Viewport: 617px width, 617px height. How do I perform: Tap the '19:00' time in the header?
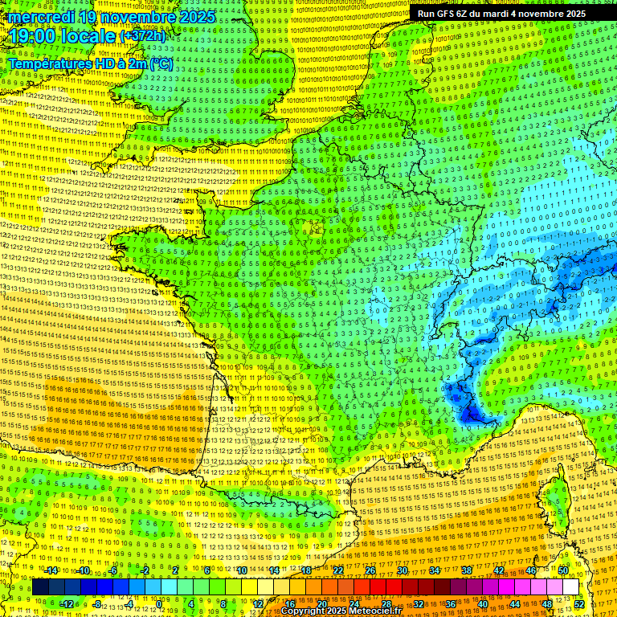tap(31, 36)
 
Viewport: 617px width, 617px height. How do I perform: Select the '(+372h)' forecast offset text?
tap(143, 36)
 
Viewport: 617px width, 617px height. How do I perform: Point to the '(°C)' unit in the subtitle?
tap(160, 63)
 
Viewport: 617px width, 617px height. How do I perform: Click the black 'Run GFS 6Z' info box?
tap(501, 14)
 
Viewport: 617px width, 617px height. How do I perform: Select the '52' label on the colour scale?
tap(578, 604)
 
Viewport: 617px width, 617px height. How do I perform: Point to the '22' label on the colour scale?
tap(338, 570)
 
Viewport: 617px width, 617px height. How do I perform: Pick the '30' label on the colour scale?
tap(402, 570)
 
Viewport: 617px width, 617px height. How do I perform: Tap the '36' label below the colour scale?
tap(451, 604)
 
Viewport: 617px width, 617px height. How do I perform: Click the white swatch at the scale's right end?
tap(570, 587)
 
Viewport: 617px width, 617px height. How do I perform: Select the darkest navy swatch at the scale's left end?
tap(40, 587)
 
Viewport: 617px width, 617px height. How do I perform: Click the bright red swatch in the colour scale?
tap(378, 587)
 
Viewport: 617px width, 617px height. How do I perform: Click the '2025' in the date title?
tap(197, 17)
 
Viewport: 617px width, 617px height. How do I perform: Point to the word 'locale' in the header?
tap(88, 36)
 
